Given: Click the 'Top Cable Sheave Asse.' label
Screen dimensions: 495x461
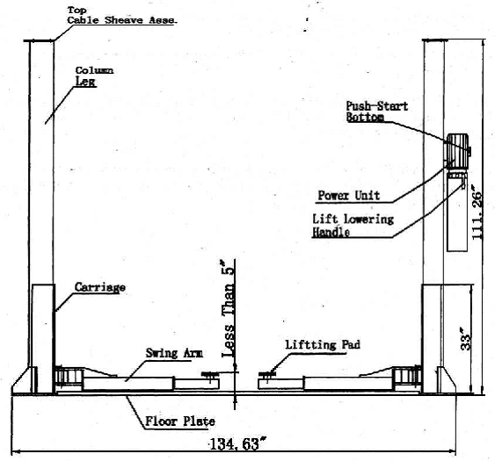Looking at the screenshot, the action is click(x=122, y=16).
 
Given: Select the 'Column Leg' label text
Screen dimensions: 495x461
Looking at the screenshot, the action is click(x=94, y=76).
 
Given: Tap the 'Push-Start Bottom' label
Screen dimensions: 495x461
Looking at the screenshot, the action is click(x=377, y=112).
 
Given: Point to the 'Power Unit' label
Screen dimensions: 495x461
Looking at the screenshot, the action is click(x=348, y=196).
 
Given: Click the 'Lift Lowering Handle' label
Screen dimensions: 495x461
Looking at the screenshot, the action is click(x=353, y=226).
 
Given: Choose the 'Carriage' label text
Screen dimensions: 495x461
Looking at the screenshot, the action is click(x=99, y=287).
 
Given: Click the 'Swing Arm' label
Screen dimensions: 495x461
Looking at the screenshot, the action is click(x=174, y=353).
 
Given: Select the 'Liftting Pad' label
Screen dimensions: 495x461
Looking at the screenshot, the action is click(x=323, y=344).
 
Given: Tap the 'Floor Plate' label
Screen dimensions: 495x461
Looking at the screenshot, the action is click(x=180, y=421).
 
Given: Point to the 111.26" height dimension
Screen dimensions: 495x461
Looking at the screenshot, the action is click(x=477, y=212).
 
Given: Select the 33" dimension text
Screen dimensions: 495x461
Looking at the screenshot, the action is click(x=466, y=339).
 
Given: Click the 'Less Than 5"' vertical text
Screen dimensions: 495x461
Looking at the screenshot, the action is click(x=228, y=309).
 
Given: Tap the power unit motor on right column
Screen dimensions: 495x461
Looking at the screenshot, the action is click(x=457, y=150).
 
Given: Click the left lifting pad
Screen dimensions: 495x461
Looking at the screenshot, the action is click(x=210, y=374).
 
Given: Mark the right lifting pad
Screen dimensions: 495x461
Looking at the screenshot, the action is click(x=267, y=374).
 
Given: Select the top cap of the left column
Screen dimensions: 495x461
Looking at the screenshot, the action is click(x=40, y=40).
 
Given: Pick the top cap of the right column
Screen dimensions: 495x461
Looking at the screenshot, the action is click(x=435, y=40).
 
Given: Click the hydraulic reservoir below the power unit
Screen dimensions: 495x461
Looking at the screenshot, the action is click(x=457, y=212).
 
